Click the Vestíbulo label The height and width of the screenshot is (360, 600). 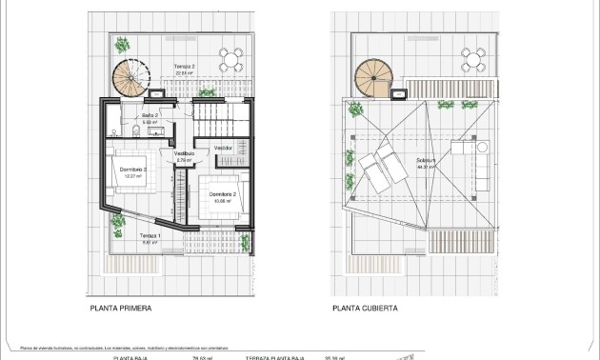184,153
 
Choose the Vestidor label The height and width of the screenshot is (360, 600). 223,148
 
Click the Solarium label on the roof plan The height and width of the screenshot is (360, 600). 426,160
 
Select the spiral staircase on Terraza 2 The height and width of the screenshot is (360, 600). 128,76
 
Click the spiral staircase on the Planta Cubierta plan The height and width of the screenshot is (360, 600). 372,76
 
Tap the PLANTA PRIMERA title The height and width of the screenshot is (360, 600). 121,309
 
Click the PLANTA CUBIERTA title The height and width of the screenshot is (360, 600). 365,309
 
